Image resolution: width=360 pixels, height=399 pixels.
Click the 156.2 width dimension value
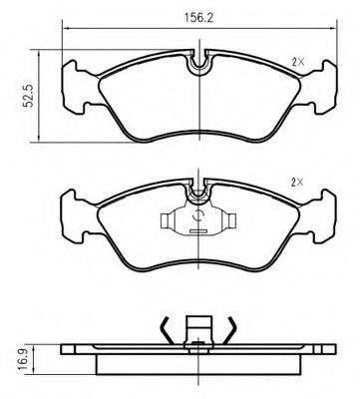(x=198, y=18)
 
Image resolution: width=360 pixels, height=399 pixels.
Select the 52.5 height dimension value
(x=28, y=96)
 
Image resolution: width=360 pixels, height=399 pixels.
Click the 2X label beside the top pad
(x=298, y=62)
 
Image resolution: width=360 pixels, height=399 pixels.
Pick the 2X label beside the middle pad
(x=297, y=183)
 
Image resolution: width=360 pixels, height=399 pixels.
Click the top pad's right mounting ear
(x=320, y=87)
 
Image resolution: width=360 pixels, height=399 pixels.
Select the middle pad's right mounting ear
(x=319, y=216)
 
